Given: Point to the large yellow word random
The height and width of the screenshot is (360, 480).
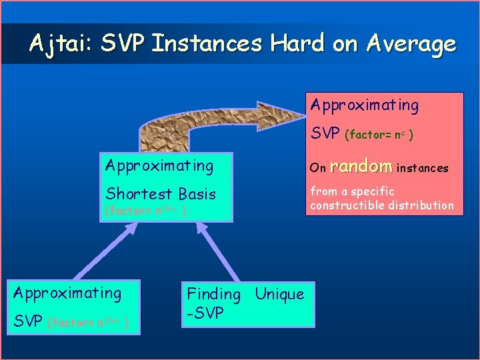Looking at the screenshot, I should point(361,166).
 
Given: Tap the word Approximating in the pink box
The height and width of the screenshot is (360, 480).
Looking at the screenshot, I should point(365,105).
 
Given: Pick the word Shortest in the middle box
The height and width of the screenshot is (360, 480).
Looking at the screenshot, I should point(138,194).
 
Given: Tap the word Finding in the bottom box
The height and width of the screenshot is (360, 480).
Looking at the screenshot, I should point(213,294).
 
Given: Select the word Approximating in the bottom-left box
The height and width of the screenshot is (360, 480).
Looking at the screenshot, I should point(67,293).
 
